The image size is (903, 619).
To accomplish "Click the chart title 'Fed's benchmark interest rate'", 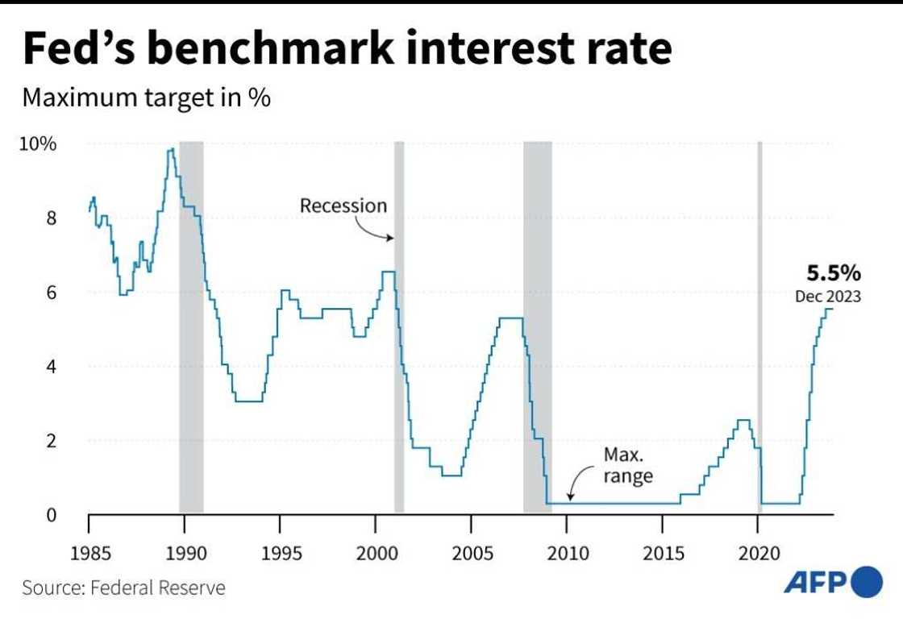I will (x=347, y=49).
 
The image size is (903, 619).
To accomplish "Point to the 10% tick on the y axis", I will (x=38, y=144).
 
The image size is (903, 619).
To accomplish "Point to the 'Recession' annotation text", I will (x=343, y=206).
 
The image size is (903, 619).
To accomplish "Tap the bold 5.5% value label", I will (x=827, y=272).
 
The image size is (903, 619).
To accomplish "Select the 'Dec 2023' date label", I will (x=827, y=296).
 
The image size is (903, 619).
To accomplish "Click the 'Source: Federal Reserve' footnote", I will (x=124, y=587).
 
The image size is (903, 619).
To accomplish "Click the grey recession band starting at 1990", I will (x=191, y=322).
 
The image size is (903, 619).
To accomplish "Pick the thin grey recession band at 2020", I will (x=759, y=322).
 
